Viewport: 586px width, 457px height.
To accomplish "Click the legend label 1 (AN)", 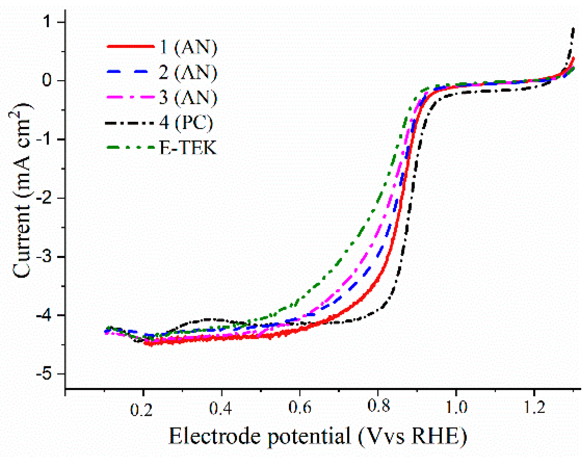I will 188,47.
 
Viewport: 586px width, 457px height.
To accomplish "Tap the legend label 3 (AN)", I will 188,97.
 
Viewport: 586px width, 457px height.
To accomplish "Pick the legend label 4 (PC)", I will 186,122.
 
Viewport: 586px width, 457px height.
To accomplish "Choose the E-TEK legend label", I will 188,148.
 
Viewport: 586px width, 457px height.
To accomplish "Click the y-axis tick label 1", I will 47,22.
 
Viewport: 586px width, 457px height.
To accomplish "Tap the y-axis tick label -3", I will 44,257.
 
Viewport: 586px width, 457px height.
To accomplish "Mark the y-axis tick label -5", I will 44,374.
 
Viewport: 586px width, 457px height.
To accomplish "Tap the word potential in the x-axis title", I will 309,436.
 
